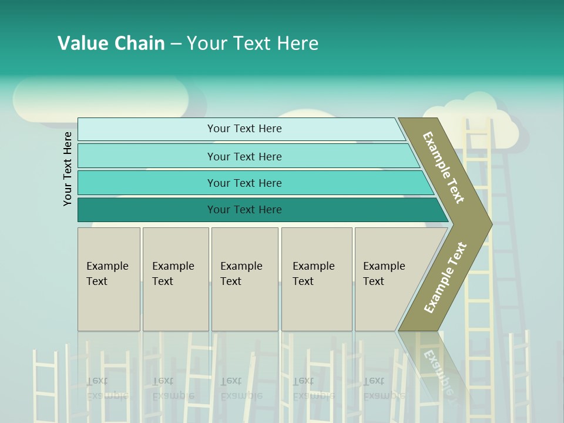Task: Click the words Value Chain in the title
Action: tap(111, 43)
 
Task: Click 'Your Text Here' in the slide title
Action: tap(253, 43)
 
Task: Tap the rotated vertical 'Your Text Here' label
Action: tap(68, 169)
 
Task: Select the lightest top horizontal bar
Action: tap(244, 129)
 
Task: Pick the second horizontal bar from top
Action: tap(244, 156)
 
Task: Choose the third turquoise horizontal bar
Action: tap(244, 183)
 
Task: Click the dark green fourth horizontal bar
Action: tap(244, 210)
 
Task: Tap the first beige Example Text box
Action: tap(109, 279)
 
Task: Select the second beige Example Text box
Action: tap(175, 279)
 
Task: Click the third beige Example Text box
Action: tap(244, 279)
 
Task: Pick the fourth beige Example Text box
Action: tap(316, 279)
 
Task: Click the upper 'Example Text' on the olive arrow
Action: tap(444, 167)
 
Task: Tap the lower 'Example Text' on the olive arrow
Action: tap(445, 278)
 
